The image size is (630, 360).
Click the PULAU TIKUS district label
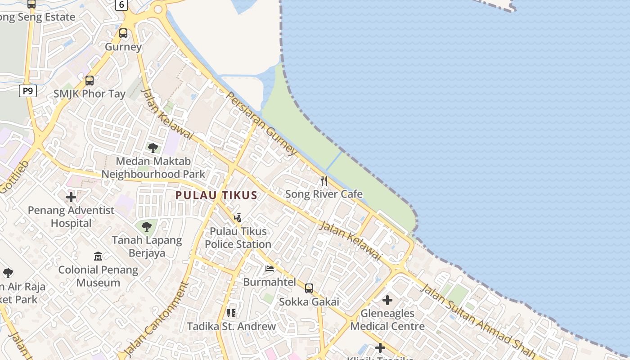pyautogui.click(x=216, y=195)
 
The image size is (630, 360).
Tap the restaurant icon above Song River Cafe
pyautogui.click(x=324, y=181)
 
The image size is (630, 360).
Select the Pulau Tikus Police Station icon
pyautogui.click(x=238, y=218)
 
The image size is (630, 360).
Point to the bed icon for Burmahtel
pyautogui.click(x=270, y=269)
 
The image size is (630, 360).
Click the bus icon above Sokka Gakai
pyautogui.click(x=309, y=288)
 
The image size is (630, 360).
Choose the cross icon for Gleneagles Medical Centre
pyautogui.click(x=387, y=300)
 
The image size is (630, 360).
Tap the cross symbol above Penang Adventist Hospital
pyautogui.click(x=71, y=197)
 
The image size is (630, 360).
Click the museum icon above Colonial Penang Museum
pyautogui.click(x=98, y=256)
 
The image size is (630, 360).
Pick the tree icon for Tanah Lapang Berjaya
pyautogui.click(x=147, y=227)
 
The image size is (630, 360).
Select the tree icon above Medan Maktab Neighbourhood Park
pyautogui.click(x=153, y=148)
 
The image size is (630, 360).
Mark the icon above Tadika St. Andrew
pyautogui.click(x=231, y=313)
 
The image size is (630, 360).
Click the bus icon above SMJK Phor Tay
pyautogui.click(x=90, y=81)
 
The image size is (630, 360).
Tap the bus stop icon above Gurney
pyautogui.click(x=123, y=33)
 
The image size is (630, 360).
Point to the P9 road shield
pyautogui.click(x=28, y=91)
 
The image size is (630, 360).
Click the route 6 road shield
pyautogui.click(x=121, y=5)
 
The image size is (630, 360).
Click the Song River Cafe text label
pyautogui.click(x=324, y=194)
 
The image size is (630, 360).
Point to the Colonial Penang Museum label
pyautogui.click(x=98, y=276)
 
